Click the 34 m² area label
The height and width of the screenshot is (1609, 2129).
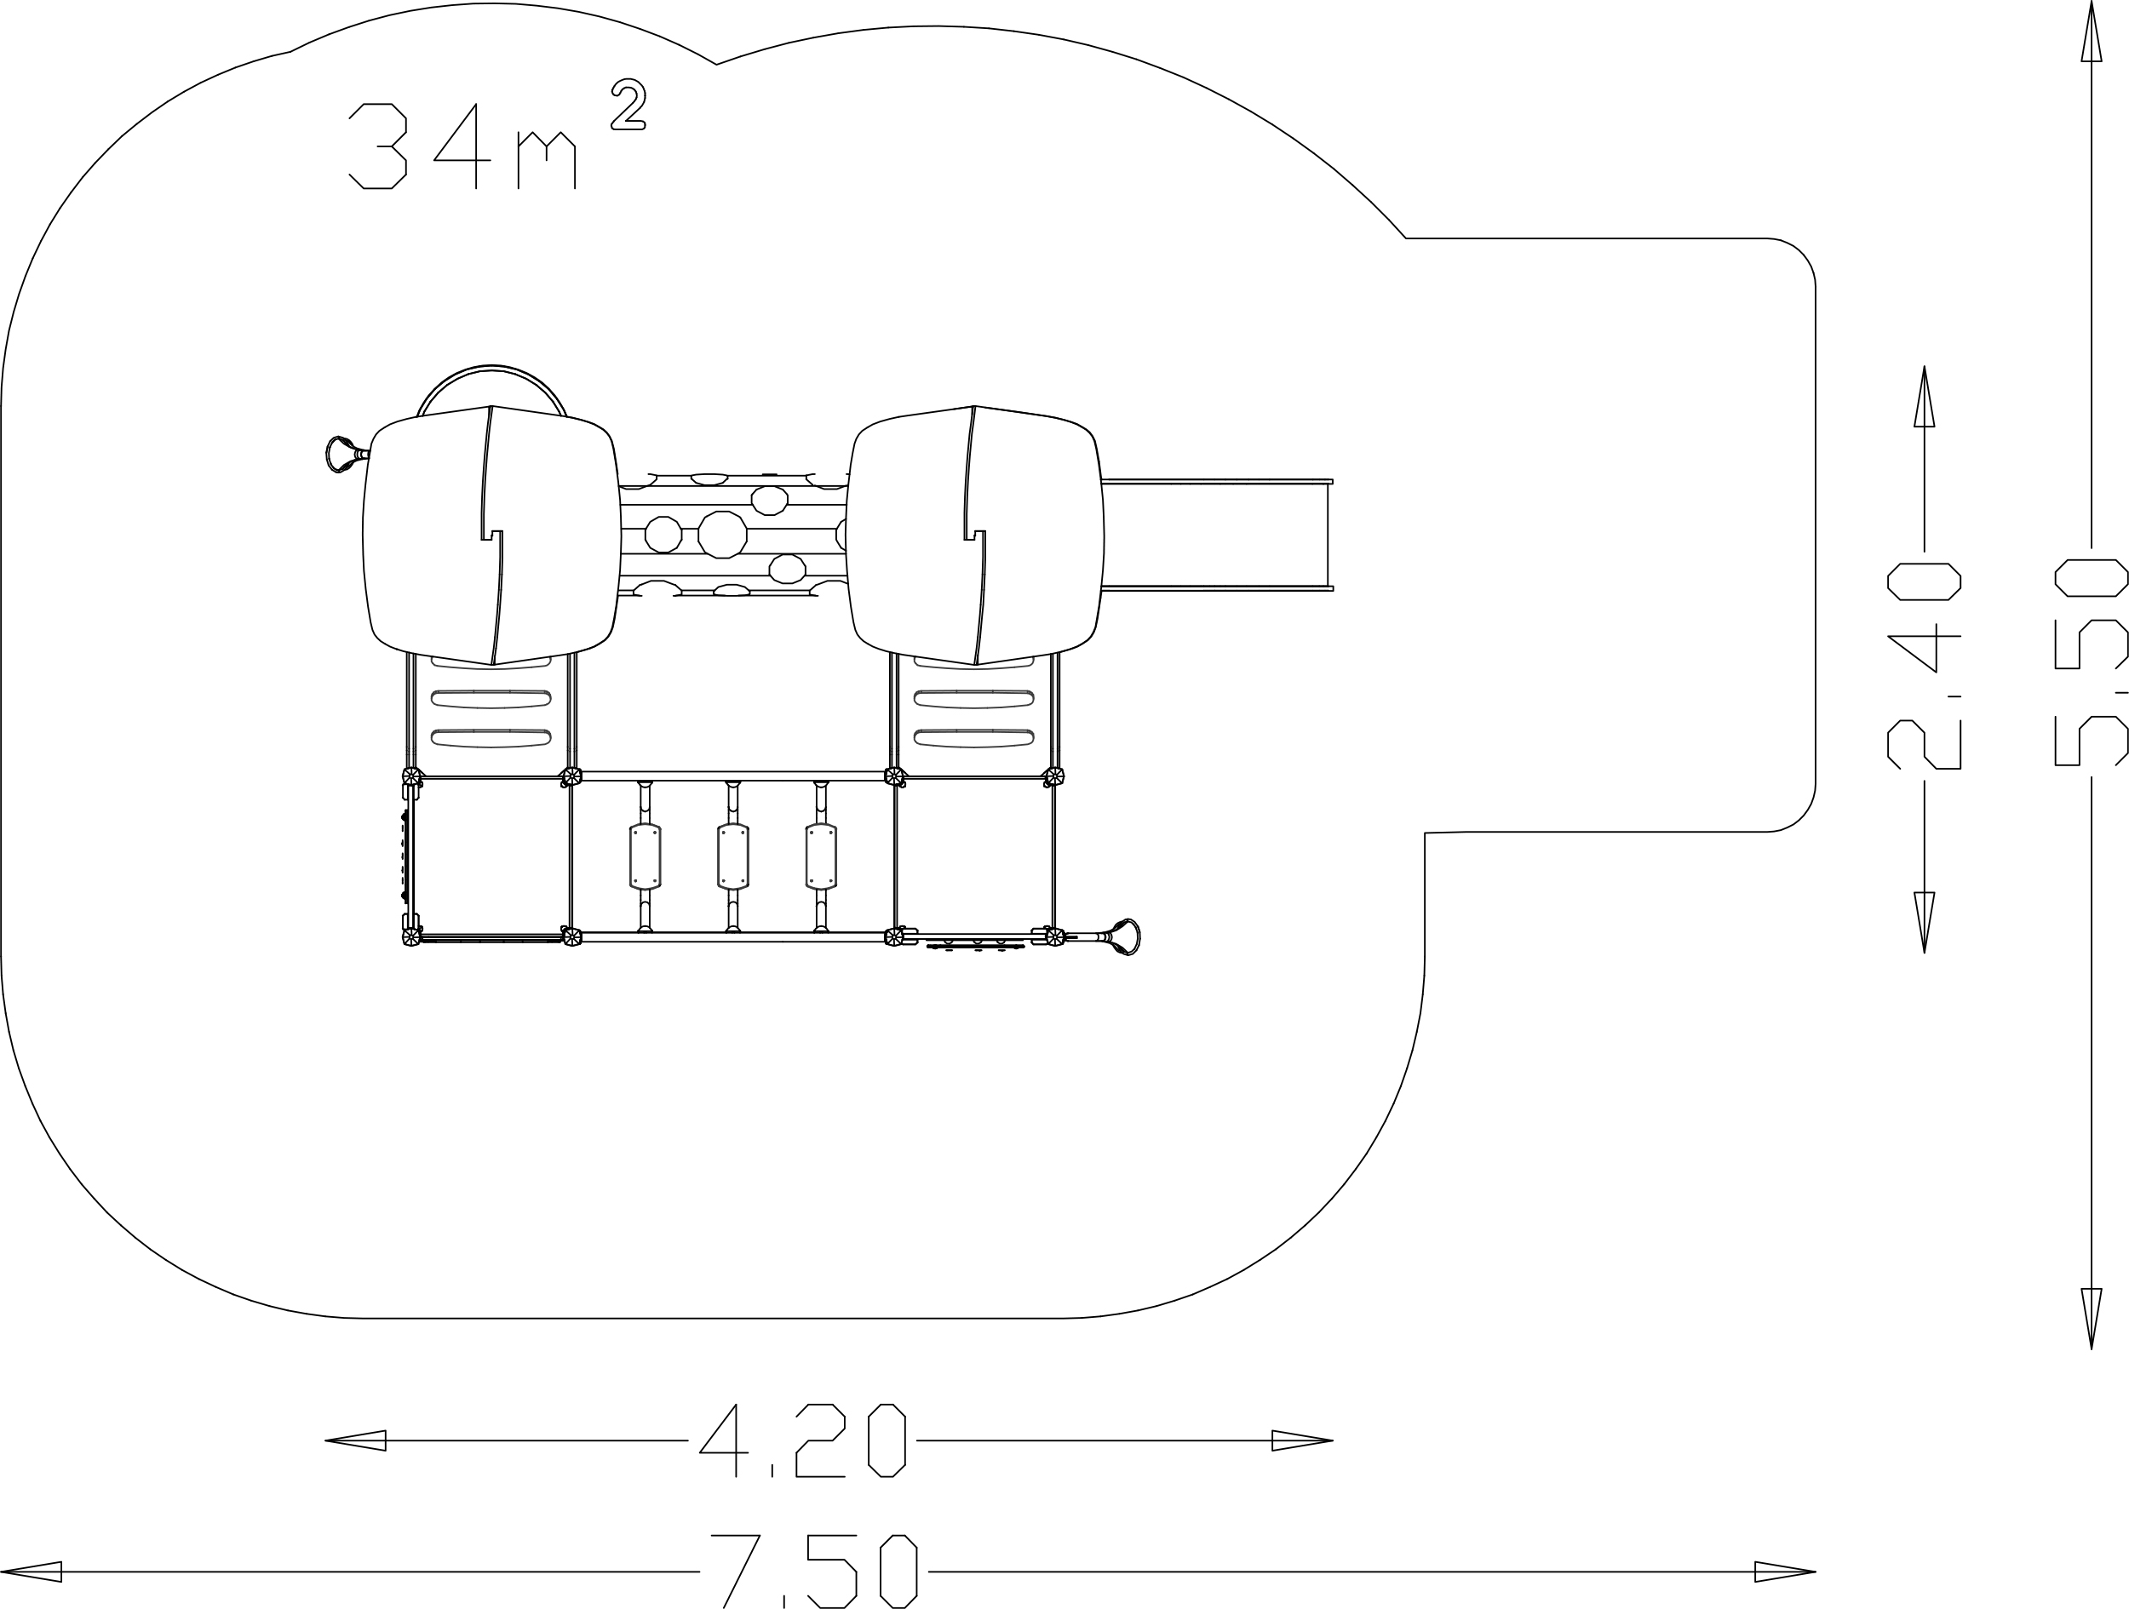(496, 134)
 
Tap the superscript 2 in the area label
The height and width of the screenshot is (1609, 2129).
(628, 104)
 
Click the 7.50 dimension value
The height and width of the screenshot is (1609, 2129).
(814, 1571)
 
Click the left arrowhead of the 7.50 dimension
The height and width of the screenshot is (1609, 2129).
(31, 1572)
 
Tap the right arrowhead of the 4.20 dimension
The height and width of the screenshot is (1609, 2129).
(1302, 1440)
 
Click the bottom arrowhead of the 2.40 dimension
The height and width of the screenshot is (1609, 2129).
(1924, 923)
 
